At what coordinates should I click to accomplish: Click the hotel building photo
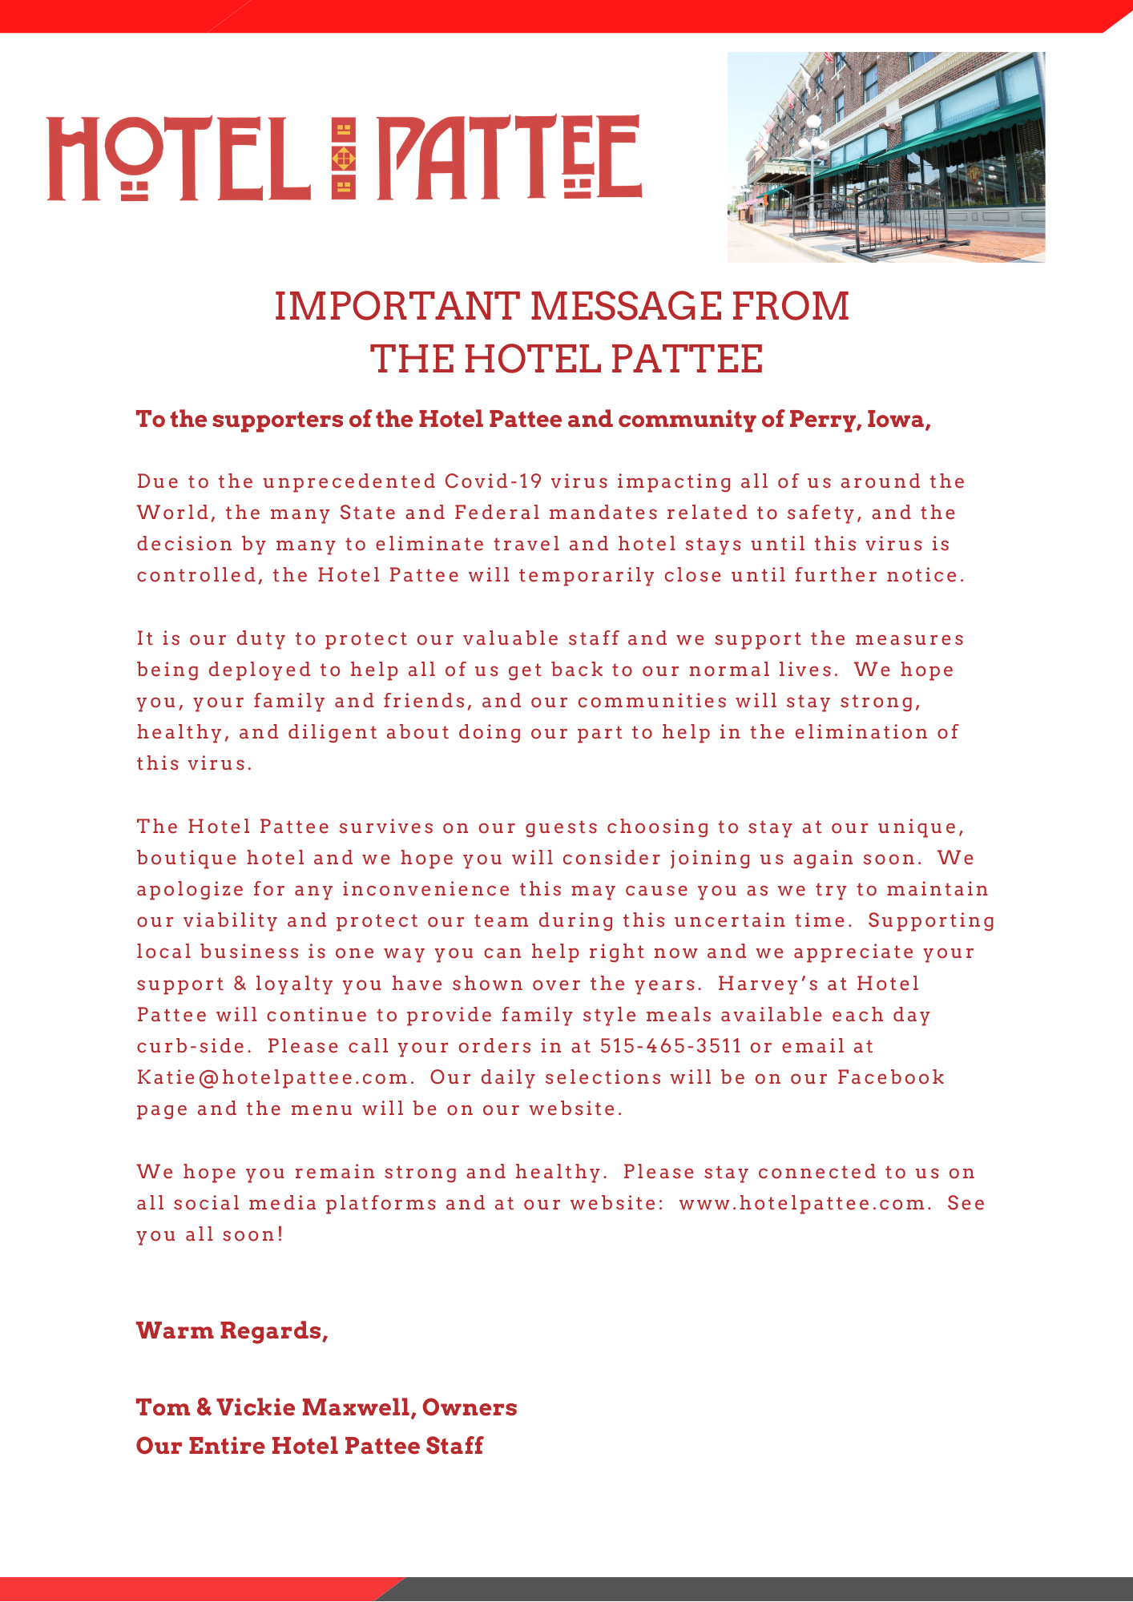click(885, 157)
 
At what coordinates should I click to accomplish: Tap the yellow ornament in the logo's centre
click(344, 158)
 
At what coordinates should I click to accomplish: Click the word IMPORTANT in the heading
click(397, 307)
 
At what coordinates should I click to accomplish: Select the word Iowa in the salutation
click(896, 420)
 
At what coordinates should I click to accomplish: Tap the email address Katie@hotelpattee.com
click(273, 1077)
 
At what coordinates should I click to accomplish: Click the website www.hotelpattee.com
click(802, 1203)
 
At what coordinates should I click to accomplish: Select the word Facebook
click(891, 1077)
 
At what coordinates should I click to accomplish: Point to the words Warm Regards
click(232, 1331)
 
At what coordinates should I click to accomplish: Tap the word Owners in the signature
click(470, 1407)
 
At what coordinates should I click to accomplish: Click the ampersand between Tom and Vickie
click(204, 1407)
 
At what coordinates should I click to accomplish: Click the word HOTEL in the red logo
click(178, 159)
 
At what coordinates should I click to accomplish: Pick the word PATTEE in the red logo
click(509, 158)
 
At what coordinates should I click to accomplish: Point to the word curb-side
click(192, 1046)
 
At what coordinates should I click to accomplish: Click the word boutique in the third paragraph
click(187, 859)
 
